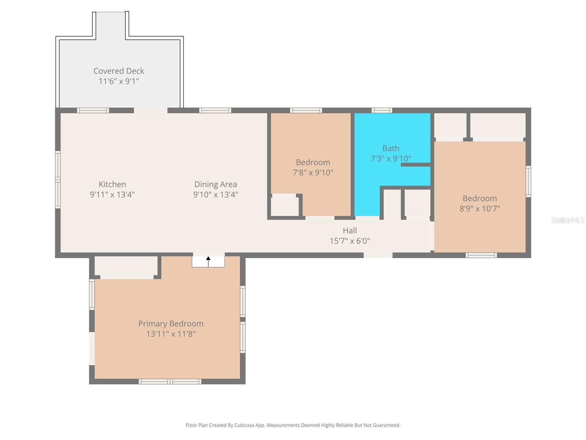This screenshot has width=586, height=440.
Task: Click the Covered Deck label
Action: [119, 71]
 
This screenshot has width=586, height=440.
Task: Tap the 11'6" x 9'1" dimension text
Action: [119, 81]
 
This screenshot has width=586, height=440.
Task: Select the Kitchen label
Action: [112, 184]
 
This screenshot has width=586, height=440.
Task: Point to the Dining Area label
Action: [215, 184]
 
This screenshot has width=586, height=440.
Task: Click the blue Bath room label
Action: [391, 148]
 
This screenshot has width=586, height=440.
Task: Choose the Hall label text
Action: [350, 231]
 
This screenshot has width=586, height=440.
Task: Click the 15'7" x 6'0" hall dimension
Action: [350, 241]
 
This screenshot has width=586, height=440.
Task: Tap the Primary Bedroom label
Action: [171, 324]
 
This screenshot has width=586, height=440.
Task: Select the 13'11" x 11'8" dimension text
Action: [171, 334]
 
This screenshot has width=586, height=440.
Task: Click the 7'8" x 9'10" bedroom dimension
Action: [313, 173]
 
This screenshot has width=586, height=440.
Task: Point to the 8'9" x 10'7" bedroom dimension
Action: [479, 209]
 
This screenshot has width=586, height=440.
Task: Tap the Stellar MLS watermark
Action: [567, 220]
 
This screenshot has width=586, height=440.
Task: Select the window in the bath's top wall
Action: [382, 110]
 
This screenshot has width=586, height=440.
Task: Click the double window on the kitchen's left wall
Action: [58, 180]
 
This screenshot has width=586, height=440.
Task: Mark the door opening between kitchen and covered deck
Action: [151, 110]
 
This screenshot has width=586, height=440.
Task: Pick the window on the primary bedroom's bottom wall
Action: [170, 382]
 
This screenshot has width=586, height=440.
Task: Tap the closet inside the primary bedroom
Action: [126, 266]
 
